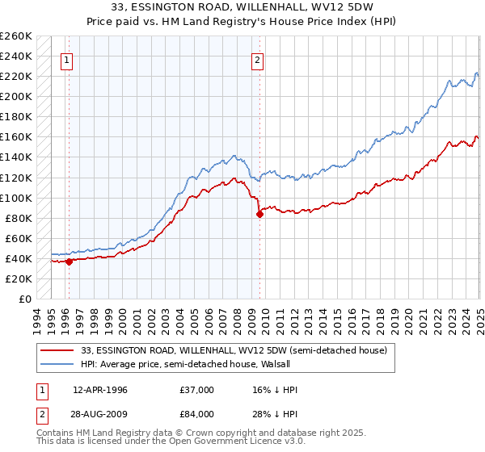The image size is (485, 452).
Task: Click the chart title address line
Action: [x=242, y=9]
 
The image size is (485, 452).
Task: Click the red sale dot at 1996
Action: [x=69, y=261]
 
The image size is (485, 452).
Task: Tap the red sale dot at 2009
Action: [x=259, y=214]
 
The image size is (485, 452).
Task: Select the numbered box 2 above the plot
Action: [x=257, y=59]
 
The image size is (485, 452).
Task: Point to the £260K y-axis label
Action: [x=16, y=36]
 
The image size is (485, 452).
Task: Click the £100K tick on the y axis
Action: [x=16, y=198]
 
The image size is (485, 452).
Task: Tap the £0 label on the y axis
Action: [x=24, y=299]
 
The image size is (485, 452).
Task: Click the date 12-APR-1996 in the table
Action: [x=99, y=390]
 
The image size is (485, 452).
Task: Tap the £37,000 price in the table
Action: [x=197, y=390]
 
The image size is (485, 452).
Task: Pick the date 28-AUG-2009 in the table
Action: [x=100, y=414]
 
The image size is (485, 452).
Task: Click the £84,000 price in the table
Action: [x=197, y=414]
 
